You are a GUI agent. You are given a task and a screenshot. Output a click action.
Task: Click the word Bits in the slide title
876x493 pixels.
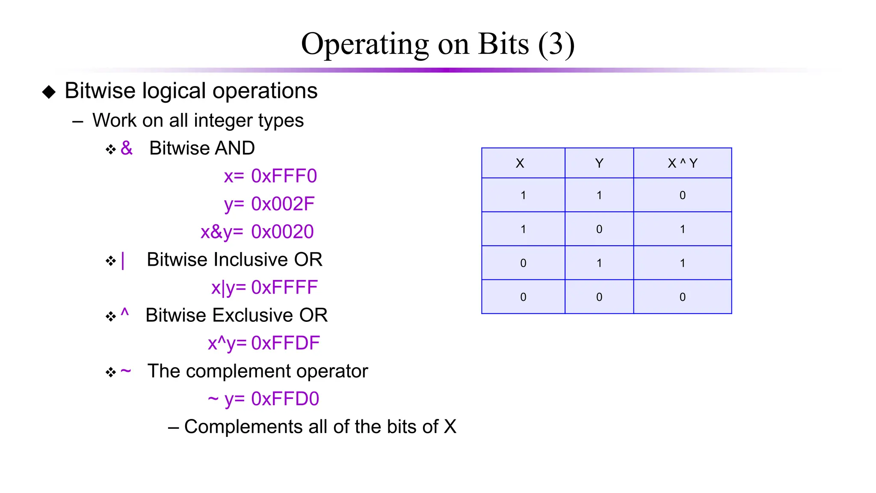coord(503,44)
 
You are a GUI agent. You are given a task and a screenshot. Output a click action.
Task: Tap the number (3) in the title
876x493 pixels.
coord(556,44)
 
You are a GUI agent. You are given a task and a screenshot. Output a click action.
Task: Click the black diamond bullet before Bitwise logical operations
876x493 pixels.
coord(49,92)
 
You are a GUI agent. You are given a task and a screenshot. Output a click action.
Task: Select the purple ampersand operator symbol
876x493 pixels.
coord(127,148)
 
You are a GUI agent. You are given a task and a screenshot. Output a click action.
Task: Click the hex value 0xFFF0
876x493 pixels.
coord(284,176)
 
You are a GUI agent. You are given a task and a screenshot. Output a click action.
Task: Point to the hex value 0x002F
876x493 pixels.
coord(283,204)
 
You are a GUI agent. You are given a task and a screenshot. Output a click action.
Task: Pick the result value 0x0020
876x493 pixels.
coord(282,232)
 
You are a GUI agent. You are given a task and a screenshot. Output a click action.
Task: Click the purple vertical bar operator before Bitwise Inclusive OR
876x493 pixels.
coord(123,260)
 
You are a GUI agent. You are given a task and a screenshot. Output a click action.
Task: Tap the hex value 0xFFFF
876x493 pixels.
coord(284,288)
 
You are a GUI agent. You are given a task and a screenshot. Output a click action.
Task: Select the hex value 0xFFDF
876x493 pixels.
coord(285,343)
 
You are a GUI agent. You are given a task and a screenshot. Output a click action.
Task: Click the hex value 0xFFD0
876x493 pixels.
coord(285,399)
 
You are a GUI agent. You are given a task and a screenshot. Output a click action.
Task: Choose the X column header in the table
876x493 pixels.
coord(520,163)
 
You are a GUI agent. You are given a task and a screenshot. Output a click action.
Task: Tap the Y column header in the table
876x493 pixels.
coord(599,163)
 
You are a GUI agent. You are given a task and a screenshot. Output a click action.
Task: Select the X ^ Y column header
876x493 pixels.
coord(682,163)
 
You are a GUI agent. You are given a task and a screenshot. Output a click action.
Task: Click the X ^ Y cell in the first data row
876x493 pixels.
coord(682,195)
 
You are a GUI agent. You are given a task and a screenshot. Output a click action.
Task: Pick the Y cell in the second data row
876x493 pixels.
coord(599,229)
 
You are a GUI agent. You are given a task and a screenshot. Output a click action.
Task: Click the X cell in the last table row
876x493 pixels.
coord(523,297)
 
